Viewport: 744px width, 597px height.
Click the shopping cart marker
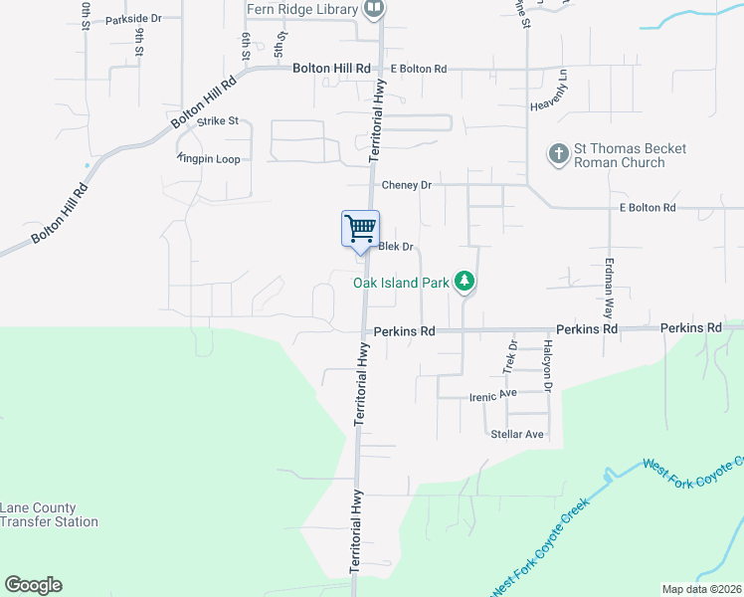coord(360,228)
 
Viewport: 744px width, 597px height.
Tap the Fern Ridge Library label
coord(301,9)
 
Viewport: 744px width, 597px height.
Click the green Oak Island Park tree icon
coord(464,283)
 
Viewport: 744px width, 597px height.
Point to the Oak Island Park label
coord(401,283)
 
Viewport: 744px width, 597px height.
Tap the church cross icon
coord(558,154)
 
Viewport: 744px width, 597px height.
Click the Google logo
coord(33,585)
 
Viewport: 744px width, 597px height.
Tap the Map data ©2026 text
coord(701,589)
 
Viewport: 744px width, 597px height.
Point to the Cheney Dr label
coord(407,185)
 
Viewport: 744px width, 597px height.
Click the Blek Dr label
coord(395,247)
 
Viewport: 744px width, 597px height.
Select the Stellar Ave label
coord(517,434)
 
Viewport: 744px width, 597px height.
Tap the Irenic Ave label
coord(494,396)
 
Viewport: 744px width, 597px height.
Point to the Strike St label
coord(218,121)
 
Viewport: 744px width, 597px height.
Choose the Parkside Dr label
coord(133,19)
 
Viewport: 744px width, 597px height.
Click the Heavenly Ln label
coord(554,91)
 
